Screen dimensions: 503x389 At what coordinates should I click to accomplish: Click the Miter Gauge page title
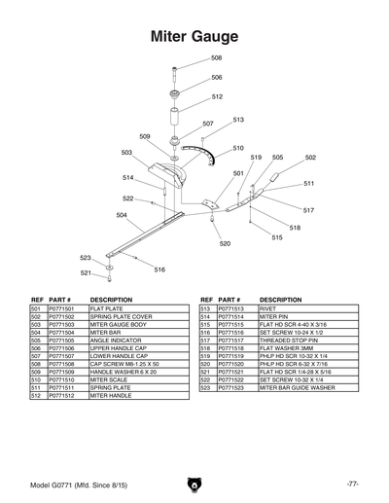point(194,37)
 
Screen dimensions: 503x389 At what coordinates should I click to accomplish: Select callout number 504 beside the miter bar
point(122,214)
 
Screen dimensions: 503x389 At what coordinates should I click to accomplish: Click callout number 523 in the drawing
point(86,257)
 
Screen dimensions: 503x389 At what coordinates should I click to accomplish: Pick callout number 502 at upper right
point(310,157)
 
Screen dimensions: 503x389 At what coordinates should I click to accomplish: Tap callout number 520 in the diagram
point(225,243)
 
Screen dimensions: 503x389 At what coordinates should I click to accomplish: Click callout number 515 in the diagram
point(277,236)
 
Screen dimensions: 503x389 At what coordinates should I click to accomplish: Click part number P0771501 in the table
point(61,308)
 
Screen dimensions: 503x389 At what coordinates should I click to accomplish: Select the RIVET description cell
point(269,308)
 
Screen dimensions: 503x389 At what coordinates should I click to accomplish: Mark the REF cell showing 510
point(35,378)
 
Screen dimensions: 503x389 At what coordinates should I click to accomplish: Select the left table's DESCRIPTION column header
point(110,300)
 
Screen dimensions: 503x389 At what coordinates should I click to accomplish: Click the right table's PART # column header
point(230,300)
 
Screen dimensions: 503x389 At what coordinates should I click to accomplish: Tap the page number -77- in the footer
point(351,483)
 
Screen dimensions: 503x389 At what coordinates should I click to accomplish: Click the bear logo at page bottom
point(194,483)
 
